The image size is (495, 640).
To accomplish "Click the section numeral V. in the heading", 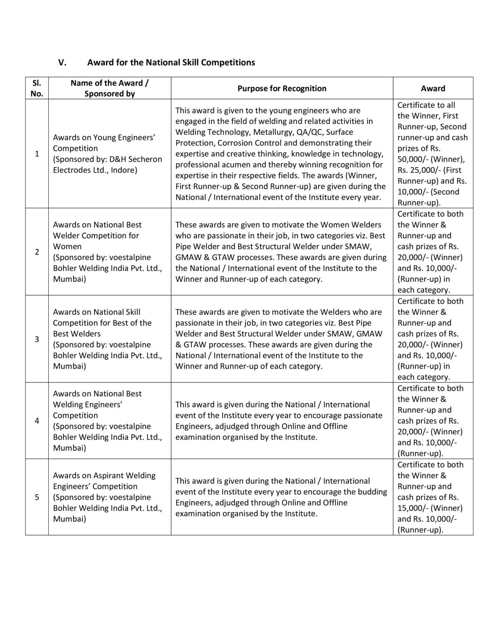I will click(62, 62).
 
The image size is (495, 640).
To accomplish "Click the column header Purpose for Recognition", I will click(281, 88).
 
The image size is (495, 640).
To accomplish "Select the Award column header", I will click(433, 88).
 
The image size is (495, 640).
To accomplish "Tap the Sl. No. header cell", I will click(37, 88).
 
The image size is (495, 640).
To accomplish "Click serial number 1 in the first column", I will click(37, 154).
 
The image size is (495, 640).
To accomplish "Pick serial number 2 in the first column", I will click(37, 252).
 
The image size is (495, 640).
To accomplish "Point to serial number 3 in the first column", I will click(37, 339).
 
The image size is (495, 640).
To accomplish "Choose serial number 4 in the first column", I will click(37, 421).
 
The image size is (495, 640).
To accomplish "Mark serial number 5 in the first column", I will click(37, 497).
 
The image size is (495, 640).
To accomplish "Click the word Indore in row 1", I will click(124, 170).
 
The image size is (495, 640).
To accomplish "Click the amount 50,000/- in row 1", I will click(415, 159).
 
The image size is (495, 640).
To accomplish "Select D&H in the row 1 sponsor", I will click(118, 159).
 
